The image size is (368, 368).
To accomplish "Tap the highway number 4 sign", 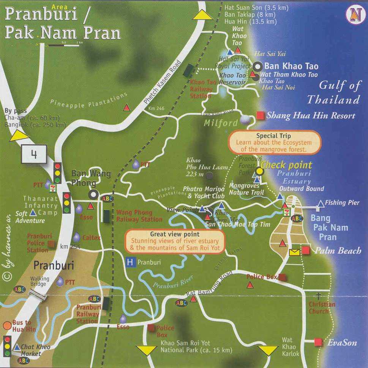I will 34,155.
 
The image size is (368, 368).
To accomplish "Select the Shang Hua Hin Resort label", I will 311,116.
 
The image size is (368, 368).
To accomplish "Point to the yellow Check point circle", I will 259,171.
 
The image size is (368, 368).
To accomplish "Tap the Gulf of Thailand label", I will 333,92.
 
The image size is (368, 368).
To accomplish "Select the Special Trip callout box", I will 274,142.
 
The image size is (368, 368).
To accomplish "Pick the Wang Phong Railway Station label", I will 139,216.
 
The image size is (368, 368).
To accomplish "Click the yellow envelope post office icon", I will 294,252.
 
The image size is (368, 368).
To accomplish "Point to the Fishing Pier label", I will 342,203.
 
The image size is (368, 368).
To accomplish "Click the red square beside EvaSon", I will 317,343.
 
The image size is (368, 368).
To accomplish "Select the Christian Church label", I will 322,308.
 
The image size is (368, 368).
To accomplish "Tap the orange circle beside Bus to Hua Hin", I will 7,325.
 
